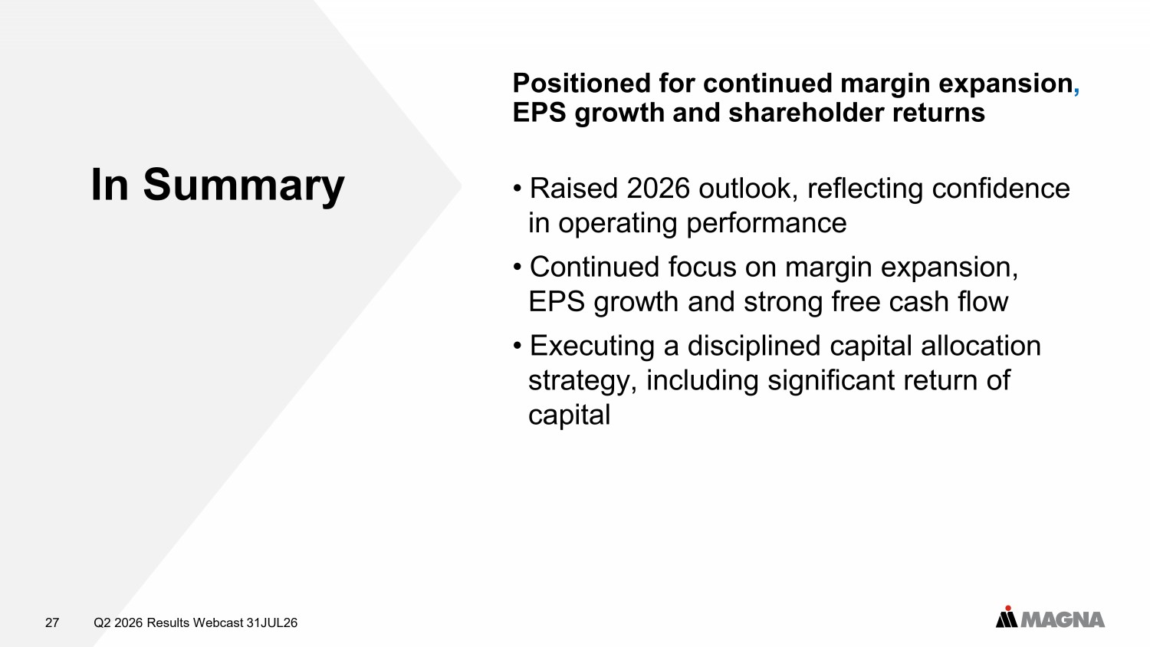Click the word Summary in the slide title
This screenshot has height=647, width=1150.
(x=243, y=186)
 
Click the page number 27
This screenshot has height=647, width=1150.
(x=52, y=623)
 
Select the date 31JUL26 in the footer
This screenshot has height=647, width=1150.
(x=272, y=623)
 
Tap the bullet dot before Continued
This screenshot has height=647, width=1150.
(x=517, y=267)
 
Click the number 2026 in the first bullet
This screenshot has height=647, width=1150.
(x=658, y=189)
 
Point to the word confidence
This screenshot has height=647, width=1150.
(x=1001, y=189)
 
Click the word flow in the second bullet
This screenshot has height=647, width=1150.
(x=983, y=301)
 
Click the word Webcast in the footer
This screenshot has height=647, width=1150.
(x=219, y=623)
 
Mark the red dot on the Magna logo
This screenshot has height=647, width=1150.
(x=1008, y=609)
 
